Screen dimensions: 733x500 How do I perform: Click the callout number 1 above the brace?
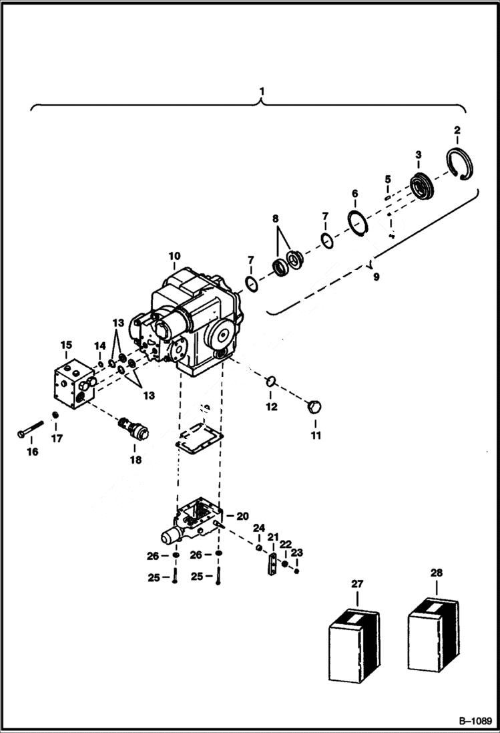click(x=262, y=90)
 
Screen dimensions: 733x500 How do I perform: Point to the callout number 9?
click(x=376, y=276)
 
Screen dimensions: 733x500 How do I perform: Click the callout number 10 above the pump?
click(x=174, y=256)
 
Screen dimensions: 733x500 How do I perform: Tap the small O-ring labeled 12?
click(x=272, y=382)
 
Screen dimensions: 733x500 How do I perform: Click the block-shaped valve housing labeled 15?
click(x=72, y=382)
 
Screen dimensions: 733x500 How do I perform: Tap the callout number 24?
click(x=259, y=528)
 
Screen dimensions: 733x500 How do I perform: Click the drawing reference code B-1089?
click(x=475, y=722)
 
